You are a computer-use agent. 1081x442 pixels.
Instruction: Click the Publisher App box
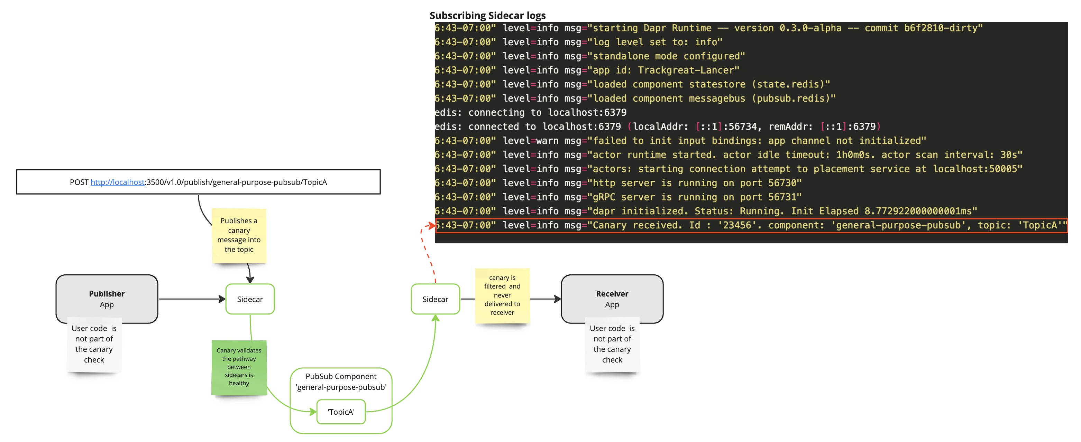(x=107, y=299)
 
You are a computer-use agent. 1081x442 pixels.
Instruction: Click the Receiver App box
(x=612, y=299)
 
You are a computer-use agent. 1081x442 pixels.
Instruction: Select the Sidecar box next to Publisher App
(x=250, y=299)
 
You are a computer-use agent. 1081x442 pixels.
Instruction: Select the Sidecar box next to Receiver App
(x=435, y=299)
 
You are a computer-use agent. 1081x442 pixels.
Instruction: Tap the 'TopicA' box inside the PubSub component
(x=341, y=412)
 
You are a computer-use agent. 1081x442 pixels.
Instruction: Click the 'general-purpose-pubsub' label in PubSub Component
(x=341, y=387)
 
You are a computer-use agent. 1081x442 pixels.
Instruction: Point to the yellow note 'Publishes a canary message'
(x=239, y=235)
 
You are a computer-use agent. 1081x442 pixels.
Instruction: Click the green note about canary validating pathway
(x=239, y=367)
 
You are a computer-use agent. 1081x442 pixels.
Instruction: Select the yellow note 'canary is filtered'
(x=502, y=295)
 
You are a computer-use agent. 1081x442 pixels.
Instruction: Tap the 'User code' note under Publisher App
(x=94, y=344)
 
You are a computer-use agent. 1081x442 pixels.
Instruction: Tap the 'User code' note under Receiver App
(x=612, y=344)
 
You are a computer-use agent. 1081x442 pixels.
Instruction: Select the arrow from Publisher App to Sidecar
(x=191, y=299)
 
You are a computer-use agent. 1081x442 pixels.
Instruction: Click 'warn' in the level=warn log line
(x=547, y=141)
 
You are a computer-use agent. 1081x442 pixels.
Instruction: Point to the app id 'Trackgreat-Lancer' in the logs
(x=688, y=70)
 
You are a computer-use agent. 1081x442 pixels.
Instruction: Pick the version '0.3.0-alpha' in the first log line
(x=810, y=28)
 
